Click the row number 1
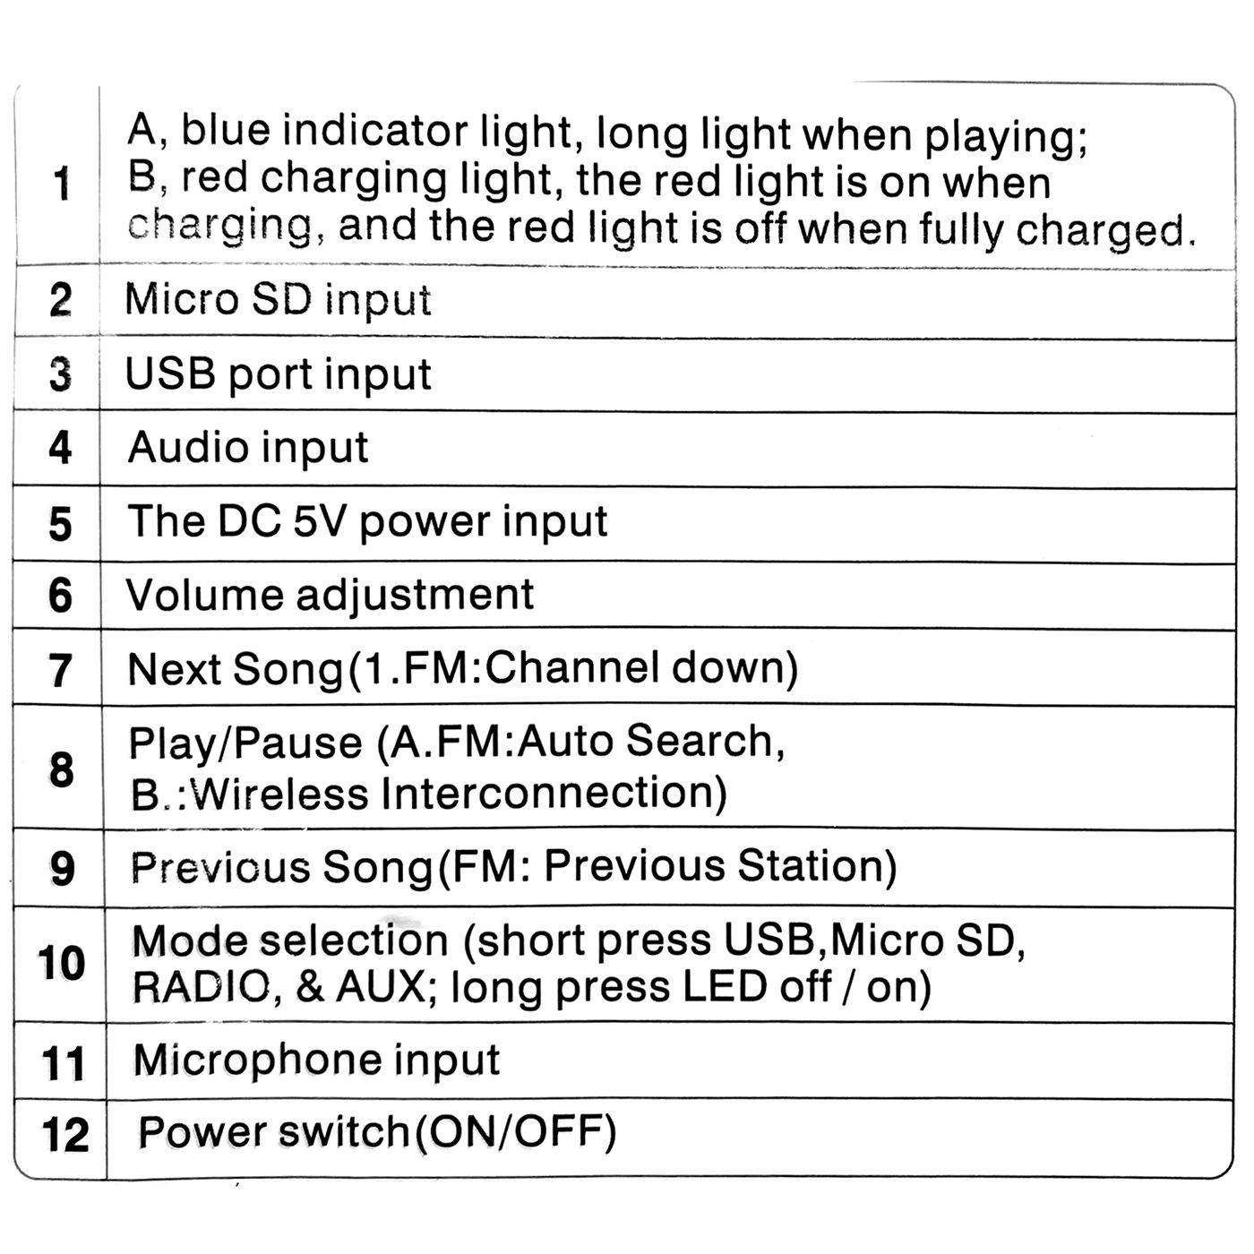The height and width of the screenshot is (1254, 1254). pyautogui.click(x=62, y=184)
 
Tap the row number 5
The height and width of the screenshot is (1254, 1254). pyautogui.click(x=60, y=525)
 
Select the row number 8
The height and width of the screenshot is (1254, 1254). pyautogui.click(x=61, y=769)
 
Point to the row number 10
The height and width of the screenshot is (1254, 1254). pyautogui.click(x=61, y=963)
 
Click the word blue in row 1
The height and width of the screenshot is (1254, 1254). pyautogui.click(x=225, y=129)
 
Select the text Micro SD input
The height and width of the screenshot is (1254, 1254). pyautogui.click(x=278, y=300)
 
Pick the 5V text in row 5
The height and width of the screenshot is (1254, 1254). pyautogui.click(x=318, y=521)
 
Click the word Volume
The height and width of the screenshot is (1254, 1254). pyautogui.click(x=205, y=595)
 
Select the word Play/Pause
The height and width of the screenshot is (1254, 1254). pyautogui.click(x=245, y=743)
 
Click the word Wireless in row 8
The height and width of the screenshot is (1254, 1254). pyautogui.click(x=279, y=794)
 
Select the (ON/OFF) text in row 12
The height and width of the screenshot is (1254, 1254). pyautogui.click(x=515, y=1134)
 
